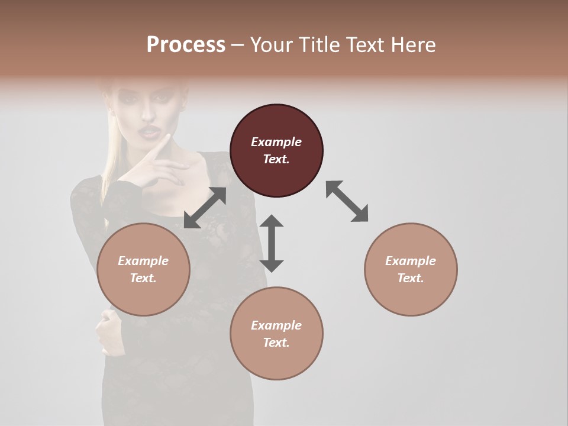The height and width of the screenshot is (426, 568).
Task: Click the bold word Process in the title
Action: pyautogui.click(x=186, y=45)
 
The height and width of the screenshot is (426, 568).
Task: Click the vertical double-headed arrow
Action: pyautogui.click(x=272, y=243)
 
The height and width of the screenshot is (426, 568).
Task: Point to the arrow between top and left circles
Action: pyautogui.click(x=205, y=208)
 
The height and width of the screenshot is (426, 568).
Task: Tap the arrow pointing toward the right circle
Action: pyautogui.click(x=347, y=202)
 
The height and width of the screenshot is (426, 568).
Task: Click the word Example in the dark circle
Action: pyautogui.click(x=276, y=142)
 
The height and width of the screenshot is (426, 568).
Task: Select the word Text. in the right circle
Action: pyautogui.click(x=411, y=278)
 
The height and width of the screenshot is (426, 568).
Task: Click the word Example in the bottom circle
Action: pyautogui.click(x=276, y=325)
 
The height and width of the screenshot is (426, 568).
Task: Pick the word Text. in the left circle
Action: pyautogui.click(x=143, y=278)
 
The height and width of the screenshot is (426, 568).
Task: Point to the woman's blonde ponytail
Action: pyautogui.click(x=111, y=160)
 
